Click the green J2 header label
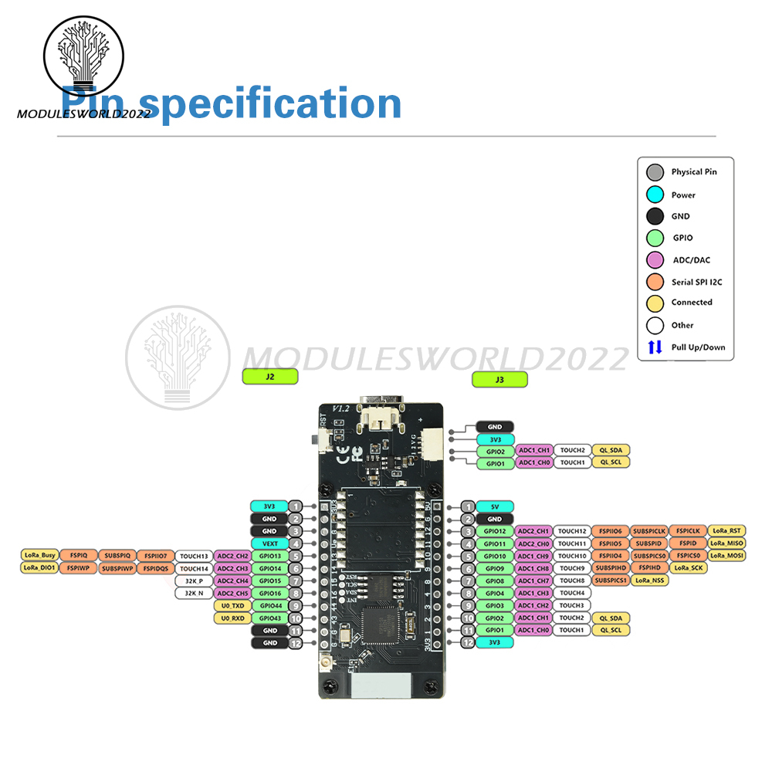269,377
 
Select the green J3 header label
499,379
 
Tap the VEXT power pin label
269,543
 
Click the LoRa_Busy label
39,555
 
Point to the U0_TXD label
232,606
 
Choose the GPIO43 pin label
269,618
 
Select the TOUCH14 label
194,568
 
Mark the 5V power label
495,506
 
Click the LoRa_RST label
726,531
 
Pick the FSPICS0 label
688,556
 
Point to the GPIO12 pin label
495,531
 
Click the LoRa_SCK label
688,568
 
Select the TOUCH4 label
572,593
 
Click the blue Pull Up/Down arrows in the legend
655,347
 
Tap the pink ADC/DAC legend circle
655,260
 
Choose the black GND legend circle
655,216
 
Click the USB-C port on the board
384,409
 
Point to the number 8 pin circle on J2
295,593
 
